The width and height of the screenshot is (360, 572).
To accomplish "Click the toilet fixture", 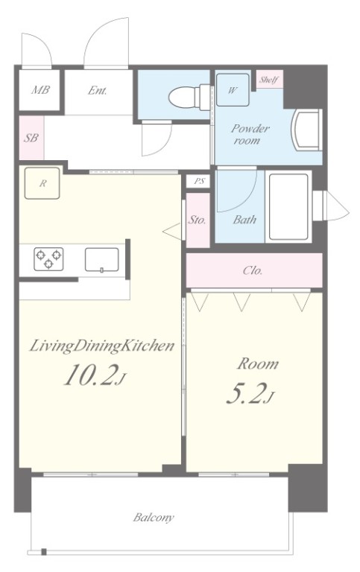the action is point(189,97).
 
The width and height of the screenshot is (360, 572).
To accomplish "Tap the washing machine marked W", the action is point(233,89).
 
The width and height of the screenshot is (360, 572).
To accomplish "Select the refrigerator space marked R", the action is point(42,183).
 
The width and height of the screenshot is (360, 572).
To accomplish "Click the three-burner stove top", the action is point(48,258).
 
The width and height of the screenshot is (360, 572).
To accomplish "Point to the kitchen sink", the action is point(102,260).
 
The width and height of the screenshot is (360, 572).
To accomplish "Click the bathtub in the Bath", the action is point(288,206).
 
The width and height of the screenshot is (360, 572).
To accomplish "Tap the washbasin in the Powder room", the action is point(307,130).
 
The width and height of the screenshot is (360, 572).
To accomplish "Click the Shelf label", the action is point(270,80).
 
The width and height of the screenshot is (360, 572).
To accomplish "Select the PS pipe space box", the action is point(198,181).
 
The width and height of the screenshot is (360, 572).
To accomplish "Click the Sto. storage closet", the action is point(198,220).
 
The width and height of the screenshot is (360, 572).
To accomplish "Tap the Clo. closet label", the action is point(253,270).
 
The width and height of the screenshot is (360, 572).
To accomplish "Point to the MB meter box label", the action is point(40,89).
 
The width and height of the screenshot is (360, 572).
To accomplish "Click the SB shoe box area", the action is point(31,138).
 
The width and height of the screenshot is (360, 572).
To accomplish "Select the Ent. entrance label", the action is point(97,90).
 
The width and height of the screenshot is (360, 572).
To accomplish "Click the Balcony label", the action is point(154,518).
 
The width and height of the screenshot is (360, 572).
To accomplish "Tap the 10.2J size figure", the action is point(95,375).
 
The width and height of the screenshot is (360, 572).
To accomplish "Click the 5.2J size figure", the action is point(250,393).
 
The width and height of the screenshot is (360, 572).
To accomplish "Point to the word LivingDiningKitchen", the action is point(101,346).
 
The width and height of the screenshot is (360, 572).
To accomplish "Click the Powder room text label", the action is point(250,134).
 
